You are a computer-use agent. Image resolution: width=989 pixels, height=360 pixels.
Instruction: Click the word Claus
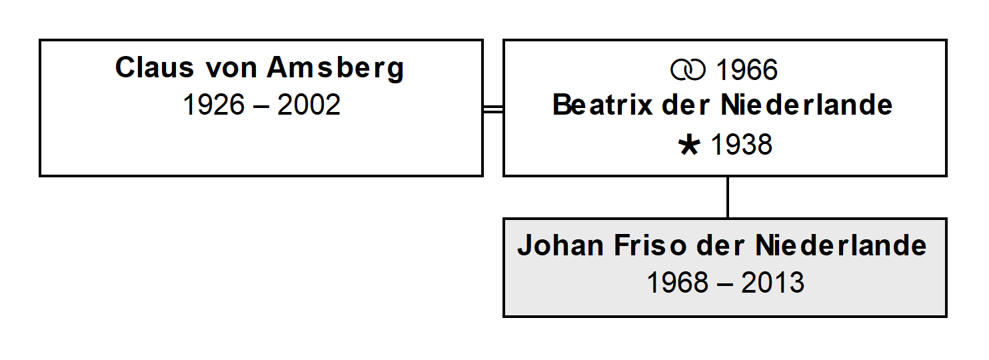[x=155, y=67]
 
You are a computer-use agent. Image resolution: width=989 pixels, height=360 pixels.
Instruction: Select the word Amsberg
[x=335, y=69]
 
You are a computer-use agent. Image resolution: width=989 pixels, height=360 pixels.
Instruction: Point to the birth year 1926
[x=214, y=105]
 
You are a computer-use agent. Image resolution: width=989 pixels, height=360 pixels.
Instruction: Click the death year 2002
[x=309, y=105]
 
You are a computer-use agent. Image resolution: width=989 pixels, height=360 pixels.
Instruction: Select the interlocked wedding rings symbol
[x=688, y=70]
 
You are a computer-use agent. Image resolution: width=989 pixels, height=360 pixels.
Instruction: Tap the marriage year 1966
[x=747, y=70]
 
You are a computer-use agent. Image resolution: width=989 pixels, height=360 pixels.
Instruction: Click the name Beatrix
[x=602, y=105]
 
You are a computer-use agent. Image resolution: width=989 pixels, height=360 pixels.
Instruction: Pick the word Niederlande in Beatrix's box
[x=806, y=105]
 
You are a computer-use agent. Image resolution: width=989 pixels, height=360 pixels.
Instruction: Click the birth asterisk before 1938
[x=689, y=145]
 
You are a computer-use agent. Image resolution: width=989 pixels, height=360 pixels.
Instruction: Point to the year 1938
[x=742, y=145]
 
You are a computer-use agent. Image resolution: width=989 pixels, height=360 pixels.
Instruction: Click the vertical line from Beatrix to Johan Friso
[x=728, y=197]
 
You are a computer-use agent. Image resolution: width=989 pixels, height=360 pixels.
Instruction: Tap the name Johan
[x=560, y=245]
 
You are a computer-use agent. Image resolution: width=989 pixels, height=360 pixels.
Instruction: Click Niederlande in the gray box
[x=841, y=245]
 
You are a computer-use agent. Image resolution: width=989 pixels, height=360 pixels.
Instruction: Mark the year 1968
[x=678, y=283]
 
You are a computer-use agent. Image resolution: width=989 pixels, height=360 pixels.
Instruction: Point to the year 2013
[x=772, y=283]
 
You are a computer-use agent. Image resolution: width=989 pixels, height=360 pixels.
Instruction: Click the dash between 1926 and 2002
[x=261, y=107]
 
